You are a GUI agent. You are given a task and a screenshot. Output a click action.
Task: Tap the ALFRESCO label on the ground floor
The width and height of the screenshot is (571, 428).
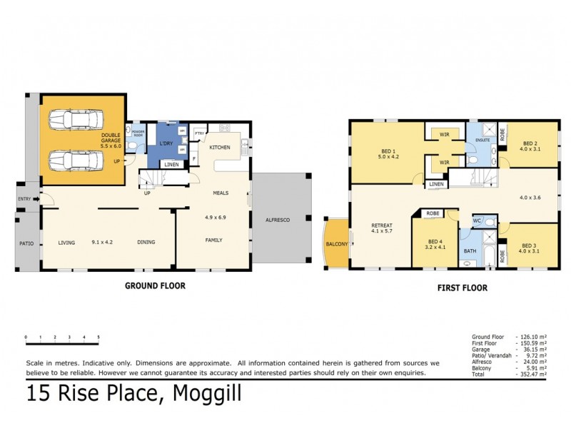click(x=277, y=220)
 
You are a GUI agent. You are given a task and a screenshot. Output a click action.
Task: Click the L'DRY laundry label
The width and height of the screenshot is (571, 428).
click(x=166, y=143)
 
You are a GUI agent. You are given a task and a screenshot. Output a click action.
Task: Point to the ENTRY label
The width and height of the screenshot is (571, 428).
click(x=25, y=199)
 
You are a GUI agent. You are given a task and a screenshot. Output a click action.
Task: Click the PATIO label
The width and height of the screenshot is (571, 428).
click(x=26, y=243)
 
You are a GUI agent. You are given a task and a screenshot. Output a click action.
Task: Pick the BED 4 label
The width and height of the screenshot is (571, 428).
click(x=435, y=244)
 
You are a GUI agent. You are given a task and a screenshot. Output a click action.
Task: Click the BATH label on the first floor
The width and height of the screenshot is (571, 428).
click(x=470, y=251)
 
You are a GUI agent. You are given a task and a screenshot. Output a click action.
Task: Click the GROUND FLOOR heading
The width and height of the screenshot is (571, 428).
click(x=156, y=285)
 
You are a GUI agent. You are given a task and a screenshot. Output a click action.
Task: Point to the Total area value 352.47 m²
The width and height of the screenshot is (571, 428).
click(x=534, y=374)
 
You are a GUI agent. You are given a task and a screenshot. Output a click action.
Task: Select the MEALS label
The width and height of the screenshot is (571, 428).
click(x=220, y=193)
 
